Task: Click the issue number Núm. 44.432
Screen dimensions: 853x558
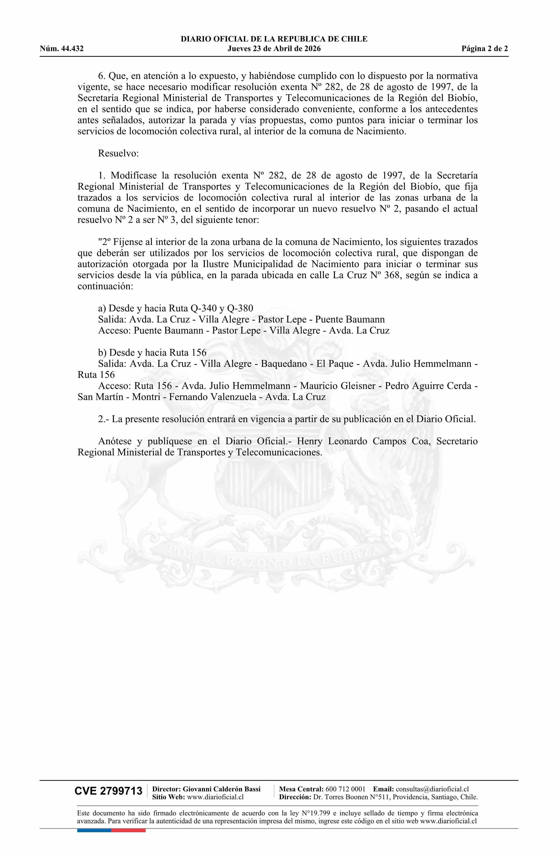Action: tap(62, 49)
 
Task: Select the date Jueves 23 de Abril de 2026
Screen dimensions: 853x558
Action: tap(274, 49)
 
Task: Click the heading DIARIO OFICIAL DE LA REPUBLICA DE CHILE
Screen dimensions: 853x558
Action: tap(274, 39)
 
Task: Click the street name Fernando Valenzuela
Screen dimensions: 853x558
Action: tap(212, 397)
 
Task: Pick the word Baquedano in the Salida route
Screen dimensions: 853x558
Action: tap(284, 364)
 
